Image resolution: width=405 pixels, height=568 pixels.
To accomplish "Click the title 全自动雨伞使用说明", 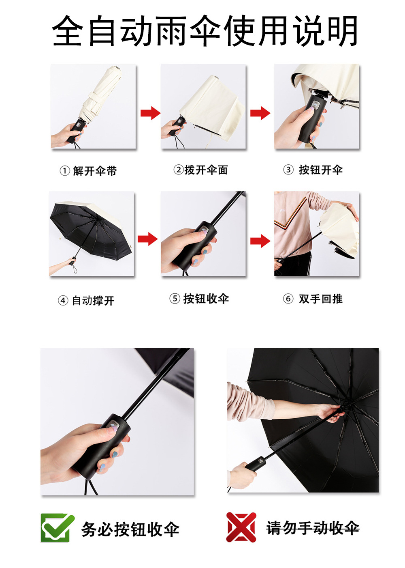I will (205, 32).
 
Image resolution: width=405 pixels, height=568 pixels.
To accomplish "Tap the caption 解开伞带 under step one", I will (95, 171).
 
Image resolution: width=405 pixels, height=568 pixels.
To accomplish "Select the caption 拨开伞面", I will (206, 170).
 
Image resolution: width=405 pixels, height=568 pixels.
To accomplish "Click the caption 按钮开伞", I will (320, 170).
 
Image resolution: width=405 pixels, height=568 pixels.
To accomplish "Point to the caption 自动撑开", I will (93, 301).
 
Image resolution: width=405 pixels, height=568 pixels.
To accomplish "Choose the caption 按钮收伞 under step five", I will (206, 299).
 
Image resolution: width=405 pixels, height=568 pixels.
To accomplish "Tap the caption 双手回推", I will (320, 299).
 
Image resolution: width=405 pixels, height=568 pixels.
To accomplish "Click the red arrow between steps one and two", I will (150, 113).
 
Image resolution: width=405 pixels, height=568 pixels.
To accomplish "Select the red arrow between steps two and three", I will (260, 113).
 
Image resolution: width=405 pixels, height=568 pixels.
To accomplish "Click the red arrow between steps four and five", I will (147, 239).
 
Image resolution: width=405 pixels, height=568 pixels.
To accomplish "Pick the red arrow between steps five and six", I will (260, 241).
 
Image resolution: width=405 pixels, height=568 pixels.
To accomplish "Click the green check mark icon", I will (57, 527).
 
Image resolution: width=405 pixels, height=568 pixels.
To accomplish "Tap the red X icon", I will (241, 527).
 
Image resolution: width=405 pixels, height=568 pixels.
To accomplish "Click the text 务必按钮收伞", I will (130, 529).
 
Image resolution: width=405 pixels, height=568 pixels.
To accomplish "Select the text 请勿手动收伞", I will (313, 528).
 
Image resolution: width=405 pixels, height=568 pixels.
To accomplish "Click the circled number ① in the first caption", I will (64, 171).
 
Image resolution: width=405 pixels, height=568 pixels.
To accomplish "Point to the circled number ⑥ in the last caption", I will (288, 299).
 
